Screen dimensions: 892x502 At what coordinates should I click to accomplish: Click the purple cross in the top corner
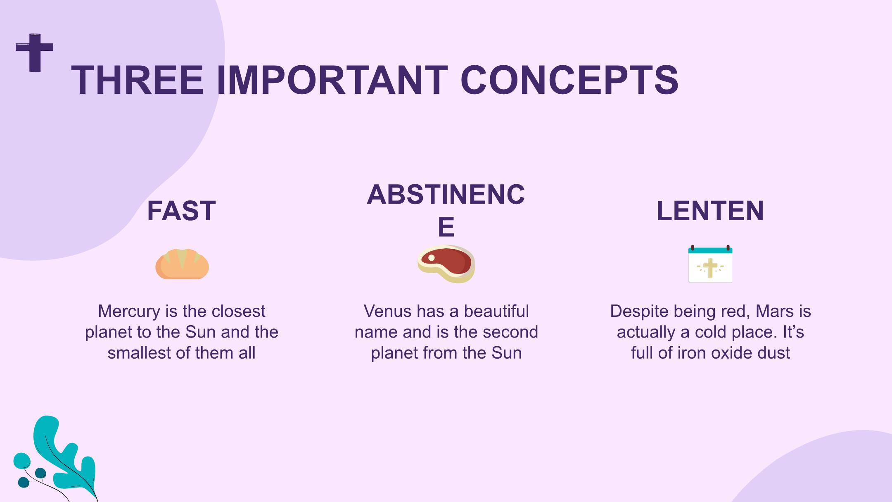[x=35, y=52]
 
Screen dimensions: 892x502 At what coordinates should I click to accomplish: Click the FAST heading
[x=181, y=211]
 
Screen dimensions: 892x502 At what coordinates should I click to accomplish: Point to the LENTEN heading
[x=710, y=211]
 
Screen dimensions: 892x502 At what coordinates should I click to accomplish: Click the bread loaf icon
[x=182, y=264]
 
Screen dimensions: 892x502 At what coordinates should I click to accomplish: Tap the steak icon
[x=446, y=264]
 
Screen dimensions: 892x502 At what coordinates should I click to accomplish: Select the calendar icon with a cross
[x=710, y=264]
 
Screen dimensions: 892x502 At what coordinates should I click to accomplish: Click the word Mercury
[x=129, y=312]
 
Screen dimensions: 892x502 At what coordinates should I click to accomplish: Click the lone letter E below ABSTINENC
[x=446, y=227]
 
